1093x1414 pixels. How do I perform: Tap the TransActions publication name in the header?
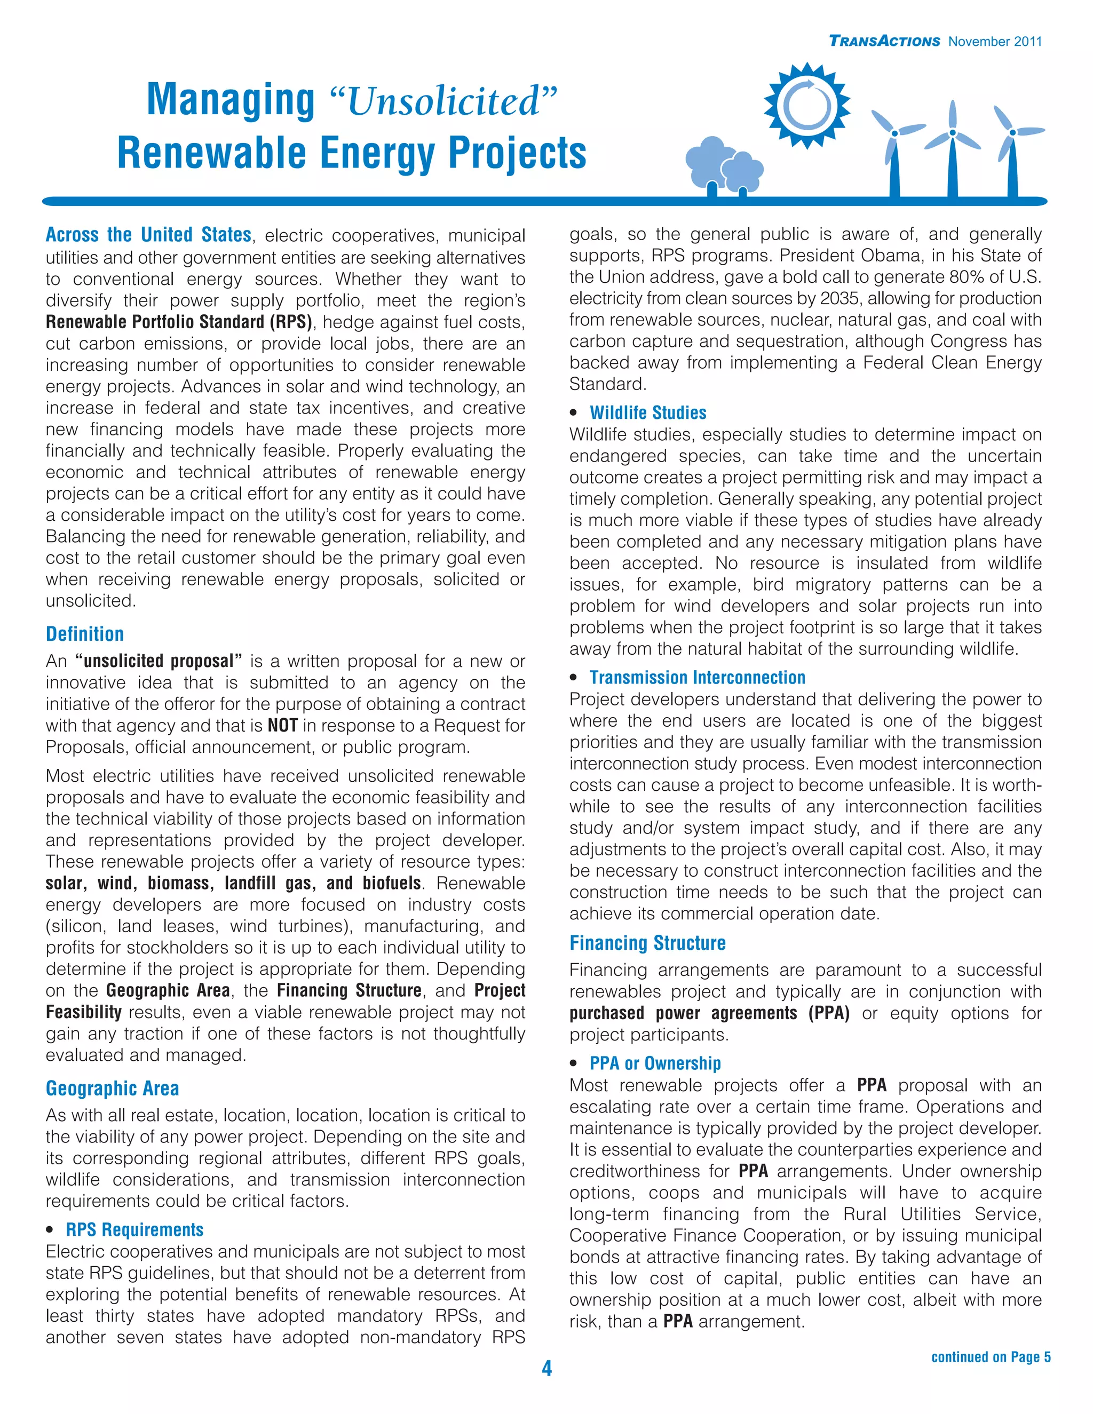click(x=884, y=42)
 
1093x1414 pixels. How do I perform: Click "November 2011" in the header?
click(x=995, y=42)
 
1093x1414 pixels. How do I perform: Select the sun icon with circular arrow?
click(x=807, y=106)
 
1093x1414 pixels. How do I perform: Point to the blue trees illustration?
click(x=724, y=165)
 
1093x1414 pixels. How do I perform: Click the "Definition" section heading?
click(x=85, y=634)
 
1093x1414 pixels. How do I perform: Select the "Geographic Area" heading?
click(x=112, y=1089)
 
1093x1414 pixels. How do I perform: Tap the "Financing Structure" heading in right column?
click(x=647, y=943)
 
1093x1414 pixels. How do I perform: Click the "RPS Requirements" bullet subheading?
click(x=134, y=1229)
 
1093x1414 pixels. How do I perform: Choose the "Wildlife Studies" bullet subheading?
click(x=647, y=412)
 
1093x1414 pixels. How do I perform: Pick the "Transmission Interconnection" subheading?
click(x=698, y=677)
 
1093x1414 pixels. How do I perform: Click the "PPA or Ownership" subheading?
click(x=655, y=1063)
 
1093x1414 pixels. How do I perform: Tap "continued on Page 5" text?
click(x=991, y=1356)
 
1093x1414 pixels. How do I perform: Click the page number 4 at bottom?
click(x=546, y=1368)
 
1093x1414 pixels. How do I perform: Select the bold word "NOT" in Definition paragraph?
click(x=282, y=725)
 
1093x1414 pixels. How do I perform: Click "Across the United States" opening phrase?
click(x=148, y=234)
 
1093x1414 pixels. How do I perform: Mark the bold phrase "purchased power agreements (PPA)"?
click(x=709, y=1013)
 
